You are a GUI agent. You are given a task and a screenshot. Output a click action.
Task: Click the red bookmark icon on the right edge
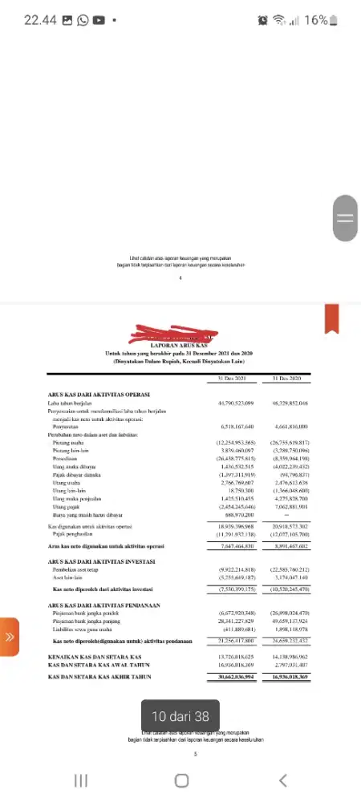331,318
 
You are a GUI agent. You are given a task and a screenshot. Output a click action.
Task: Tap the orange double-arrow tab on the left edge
9,638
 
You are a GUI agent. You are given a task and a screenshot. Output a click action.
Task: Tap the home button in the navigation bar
181,780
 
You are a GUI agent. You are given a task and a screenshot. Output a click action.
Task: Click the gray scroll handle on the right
346,217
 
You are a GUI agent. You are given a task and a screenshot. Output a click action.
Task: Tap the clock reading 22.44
39,20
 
